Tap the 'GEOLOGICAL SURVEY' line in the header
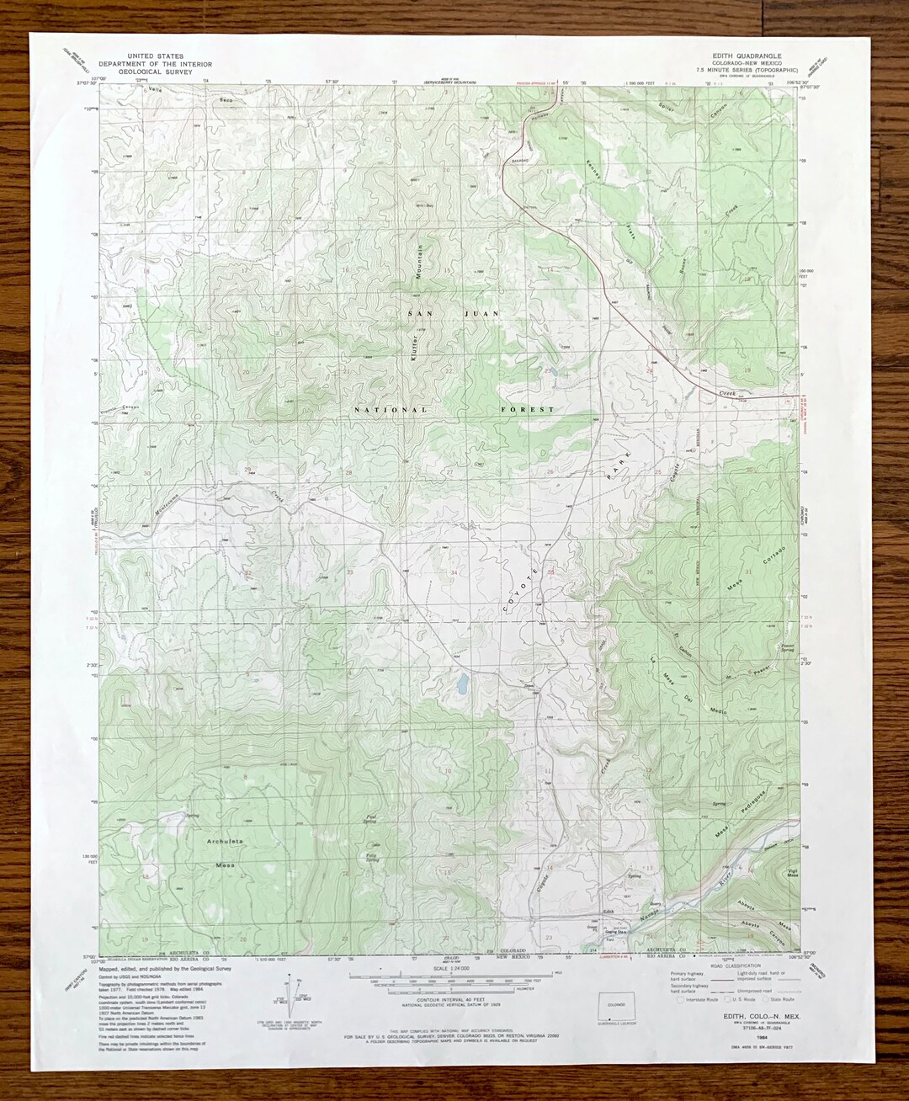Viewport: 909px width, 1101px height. pyautogui.click(x=156, y=72)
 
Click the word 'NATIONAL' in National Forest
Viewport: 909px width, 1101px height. pyautogui.click(x=391, y=410)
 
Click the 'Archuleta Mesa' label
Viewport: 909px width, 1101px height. pyautogui.click(x=225, y=853)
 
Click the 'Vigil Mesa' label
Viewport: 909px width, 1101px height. pyautogui.click(x=791, y=873)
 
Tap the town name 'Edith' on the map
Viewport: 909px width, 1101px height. pyautogui.click(x=608, y=912)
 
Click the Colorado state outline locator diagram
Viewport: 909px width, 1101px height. pyautogui.click(x=616, y=1006)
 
